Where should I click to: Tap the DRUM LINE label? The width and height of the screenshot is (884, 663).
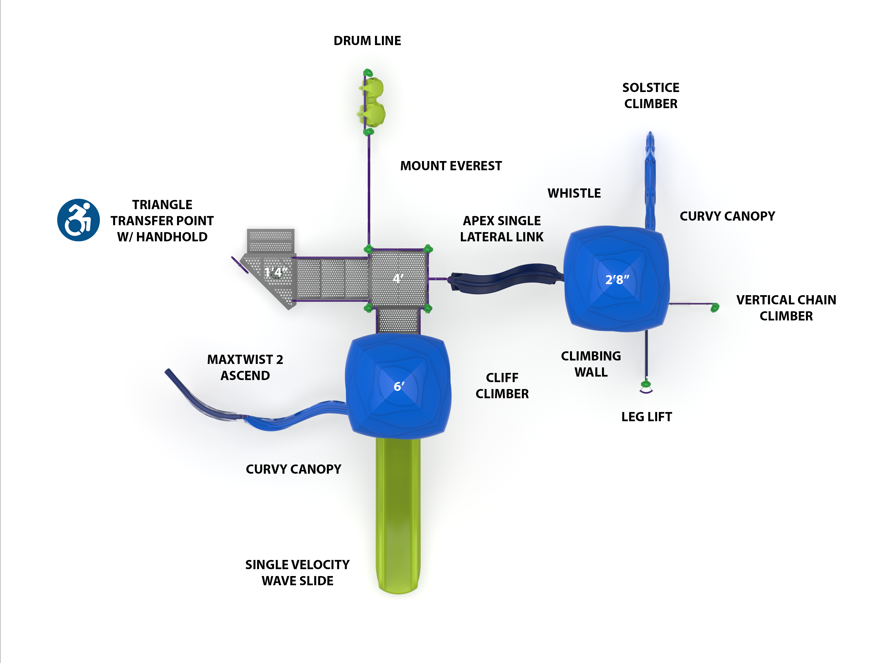367,41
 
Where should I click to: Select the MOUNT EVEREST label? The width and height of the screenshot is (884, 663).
451,166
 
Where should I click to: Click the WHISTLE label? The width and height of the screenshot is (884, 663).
574,193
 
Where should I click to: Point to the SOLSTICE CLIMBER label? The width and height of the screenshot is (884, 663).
651,96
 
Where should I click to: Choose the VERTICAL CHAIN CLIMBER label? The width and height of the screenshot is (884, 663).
786,308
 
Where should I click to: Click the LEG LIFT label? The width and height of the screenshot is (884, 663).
646,417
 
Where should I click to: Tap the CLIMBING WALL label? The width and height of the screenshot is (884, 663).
591,364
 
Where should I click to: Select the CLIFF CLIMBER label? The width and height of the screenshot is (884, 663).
502,386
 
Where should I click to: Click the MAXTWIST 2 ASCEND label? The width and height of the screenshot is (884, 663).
245,367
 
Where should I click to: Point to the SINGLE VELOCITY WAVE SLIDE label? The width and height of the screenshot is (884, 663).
297,573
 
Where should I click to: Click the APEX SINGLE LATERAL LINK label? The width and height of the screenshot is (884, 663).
502,229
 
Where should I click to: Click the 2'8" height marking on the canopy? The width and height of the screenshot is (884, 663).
617,280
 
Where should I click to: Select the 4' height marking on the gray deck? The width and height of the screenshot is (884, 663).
398,278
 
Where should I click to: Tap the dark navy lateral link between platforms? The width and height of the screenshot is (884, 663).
503,278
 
